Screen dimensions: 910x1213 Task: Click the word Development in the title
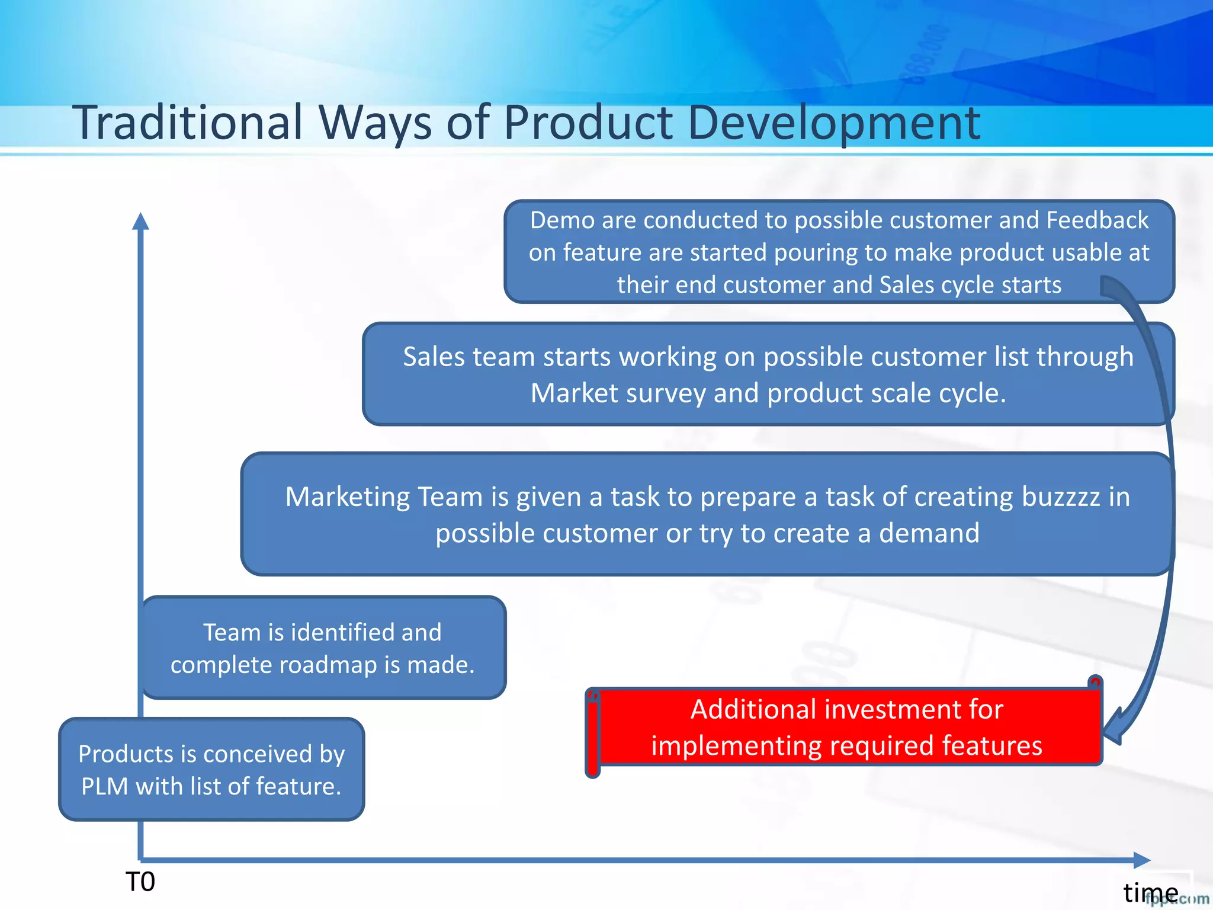click(833, 123)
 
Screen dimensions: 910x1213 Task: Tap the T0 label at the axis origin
click(140, 882)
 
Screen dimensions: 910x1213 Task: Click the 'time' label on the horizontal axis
click(1150, 892)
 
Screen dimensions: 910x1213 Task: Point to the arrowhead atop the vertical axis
click(140, 221)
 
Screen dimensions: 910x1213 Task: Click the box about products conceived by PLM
click(211, 770)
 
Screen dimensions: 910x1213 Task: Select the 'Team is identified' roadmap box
click(323, 648)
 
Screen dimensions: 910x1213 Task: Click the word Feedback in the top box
click(1097, 220)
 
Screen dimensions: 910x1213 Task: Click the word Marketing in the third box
click(347, 496)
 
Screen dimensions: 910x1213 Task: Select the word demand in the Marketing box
click(929, 533)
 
